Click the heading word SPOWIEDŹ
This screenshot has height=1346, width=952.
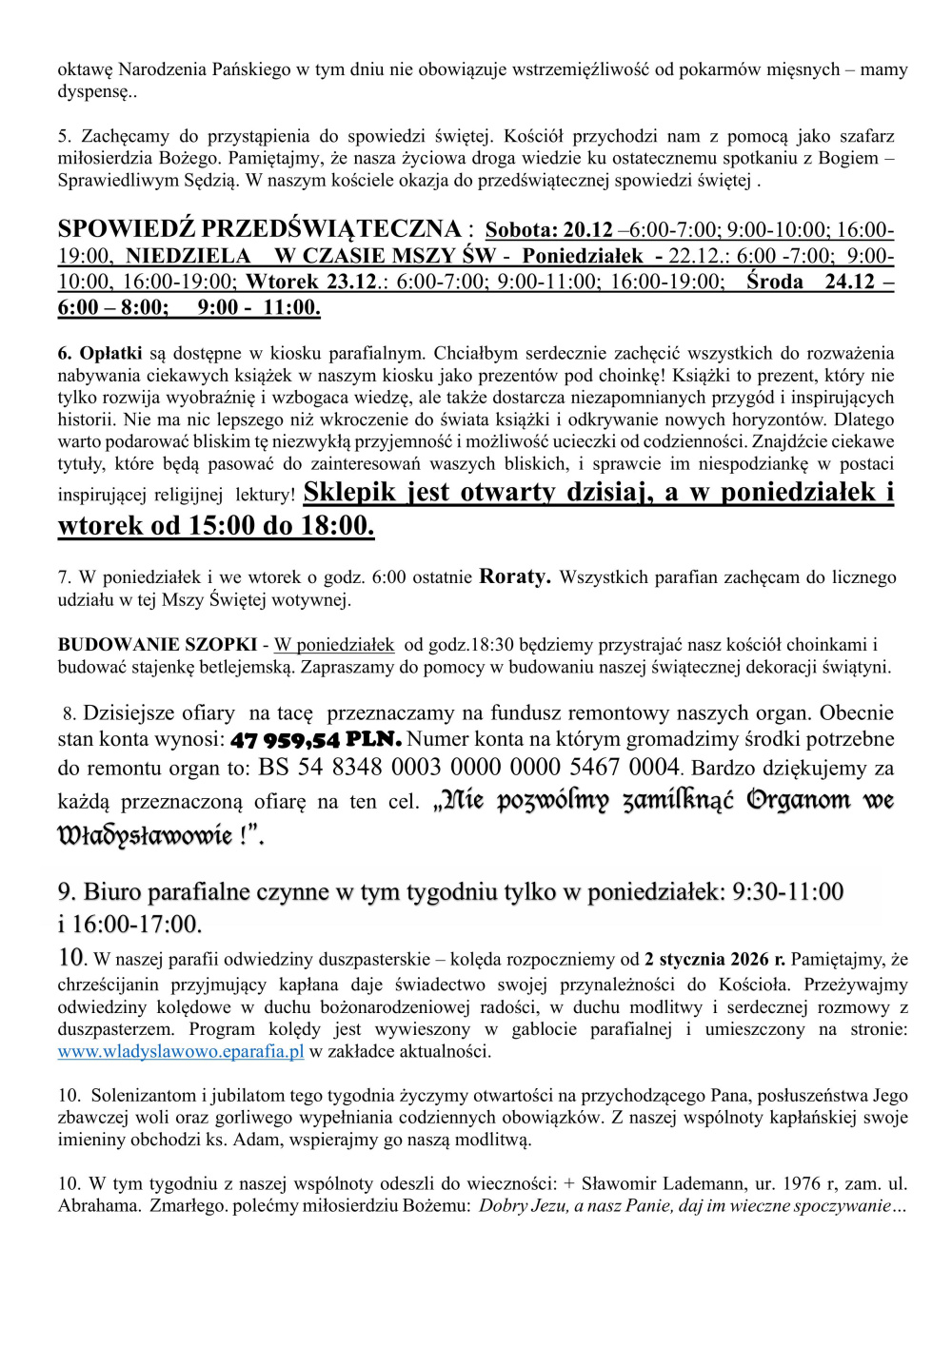(126, 229)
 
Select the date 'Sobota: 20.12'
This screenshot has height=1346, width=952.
(548, 230)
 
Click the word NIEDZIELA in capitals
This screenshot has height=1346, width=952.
(188, 256)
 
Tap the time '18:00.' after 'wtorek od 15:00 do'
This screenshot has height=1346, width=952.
(338, 525)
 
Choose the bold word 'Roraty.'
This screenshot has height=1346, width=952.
(514, 576)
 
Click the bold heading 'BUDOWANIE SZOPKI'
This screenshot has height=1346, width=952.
(157, 645)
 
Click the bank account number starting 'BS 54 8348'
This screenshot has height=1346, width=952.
(468, 767)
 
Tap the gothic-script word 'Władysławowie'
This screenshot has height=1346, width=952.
(145, 836)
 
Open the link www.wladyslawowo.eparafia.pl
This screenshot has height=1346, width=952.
(181, 1051)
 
